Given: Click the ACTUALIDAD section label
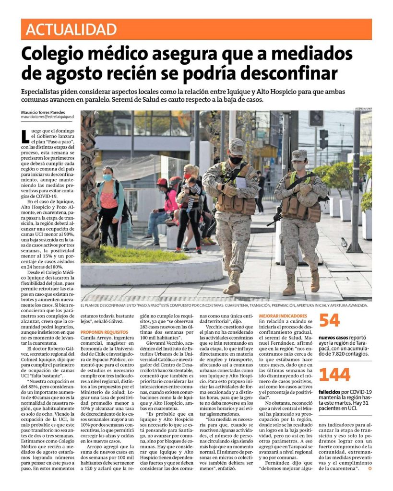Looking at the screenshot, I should point(71,30).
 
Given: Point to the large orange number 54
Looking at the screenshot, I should point(330,321).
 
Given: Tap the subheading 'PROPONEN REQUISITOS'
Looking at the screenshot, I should point(104,331).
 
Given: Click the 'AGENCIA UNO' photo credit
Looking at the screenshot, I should point(363,109).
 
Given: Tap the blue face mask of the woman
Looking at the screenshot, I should point(107,177).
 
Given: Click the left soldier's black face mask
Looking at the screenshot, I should point(236,160).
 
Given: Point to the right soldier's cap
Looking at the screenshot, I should point(299,154).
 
